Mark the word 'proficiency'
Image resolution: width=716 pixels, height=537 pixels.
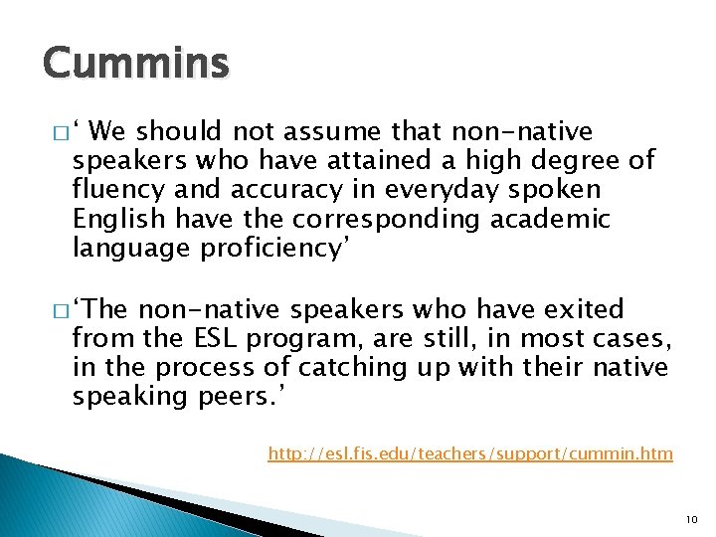[269, 248]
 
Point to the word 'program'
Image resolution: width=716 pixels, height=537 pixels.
[297, 339]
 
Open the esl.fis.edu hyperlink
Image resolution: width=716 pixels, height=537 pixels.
[470, 454]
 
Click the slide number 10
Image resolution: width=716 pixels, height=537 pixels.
[693, 519]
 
